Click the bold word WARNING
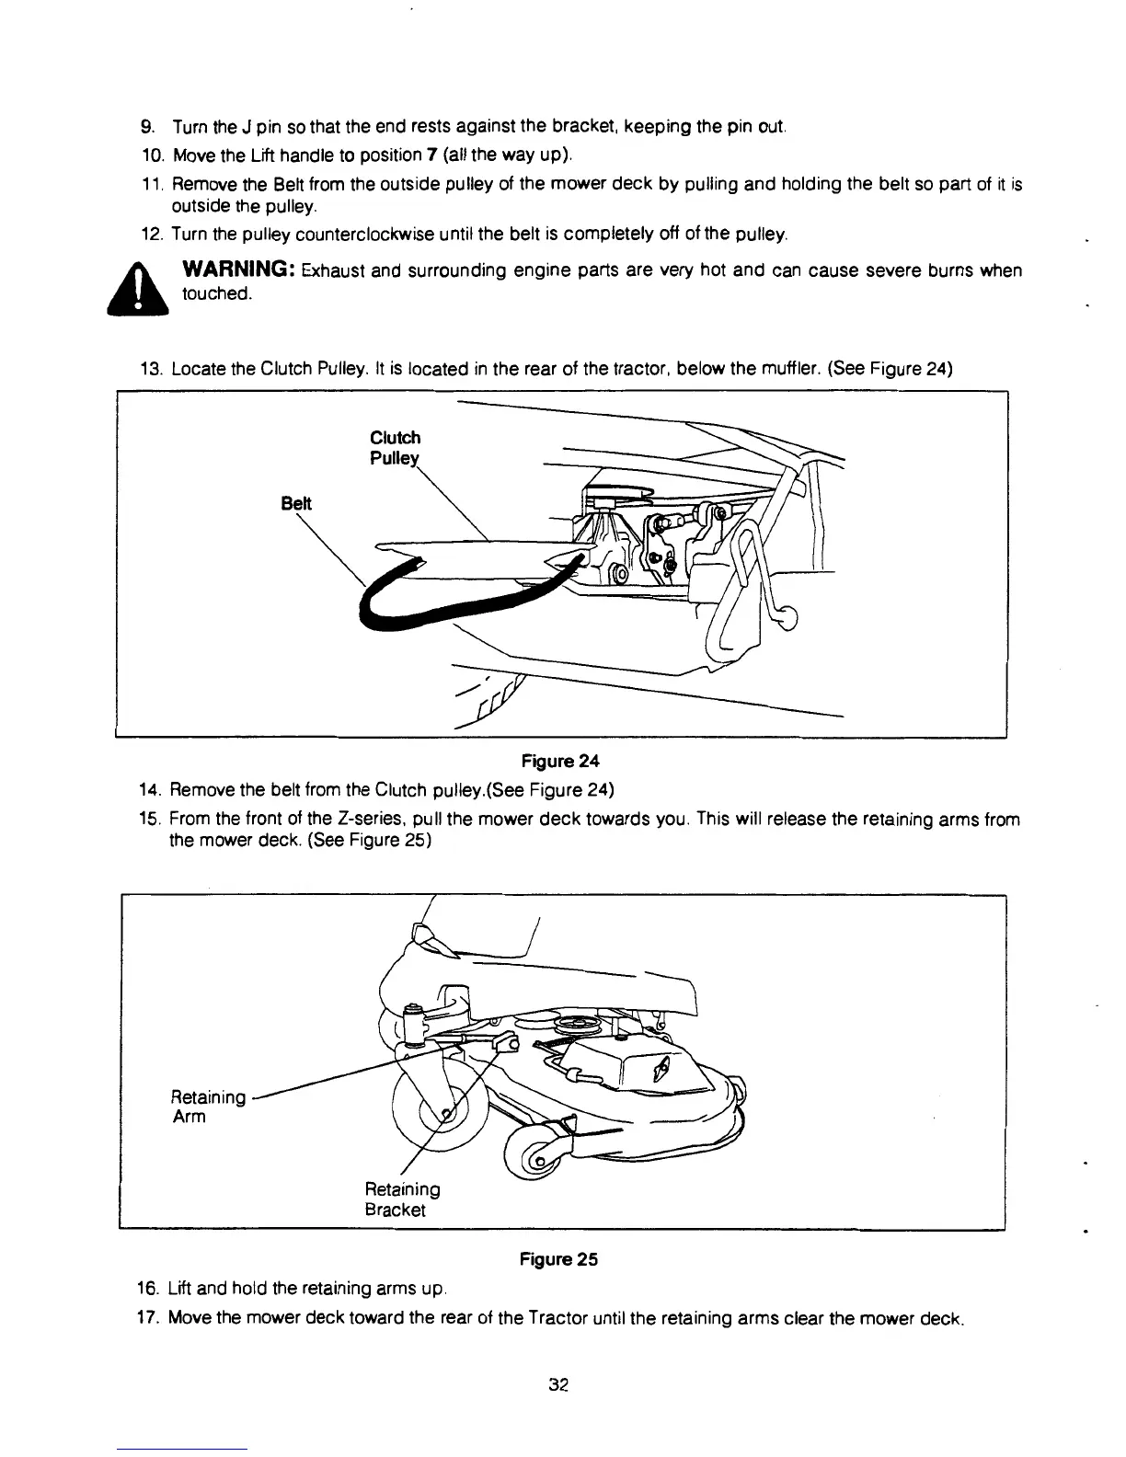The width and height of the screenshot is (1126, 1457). pos(238,270)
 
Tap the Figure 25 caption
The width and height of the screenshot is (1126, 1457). pos(558,1259)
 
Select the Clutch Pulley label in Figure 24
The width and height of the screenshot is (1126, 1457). pos(395,448)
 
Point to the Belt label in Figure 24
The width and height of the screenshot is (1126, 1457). pos(296,504)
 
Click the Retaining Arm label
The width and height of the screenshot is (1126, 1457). pos(209,1107)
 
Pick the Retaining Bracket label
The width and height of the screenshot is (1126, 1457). pos(403,1199)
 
